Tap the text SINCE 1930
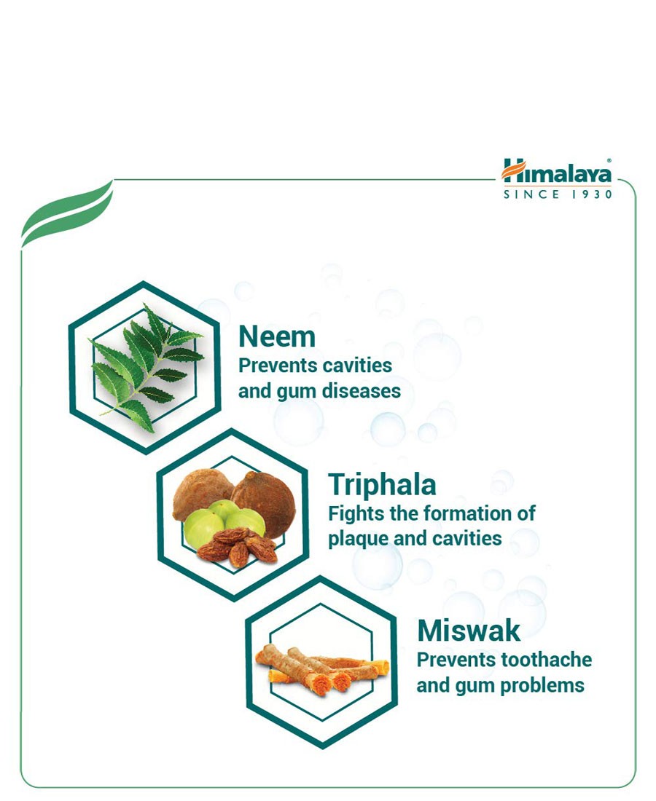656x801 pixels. pyautogui.click(x=558, y=194)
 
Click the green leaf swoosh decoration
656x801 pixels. pyautogui.click(x=67, y=214)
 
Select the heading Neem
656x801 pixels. pyautogui.click(x=277, y=337)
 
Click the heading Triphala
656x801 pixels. pyautogui.click(x=382, y=485)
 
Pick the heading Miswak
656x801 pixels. pyautogui.click(x=469, y=631)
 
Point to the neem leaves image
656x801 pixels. pyautogui.click(x=147, y=367)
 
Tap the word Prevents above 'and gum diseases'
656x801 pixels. pyautogui.click(x=271, y=366)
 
